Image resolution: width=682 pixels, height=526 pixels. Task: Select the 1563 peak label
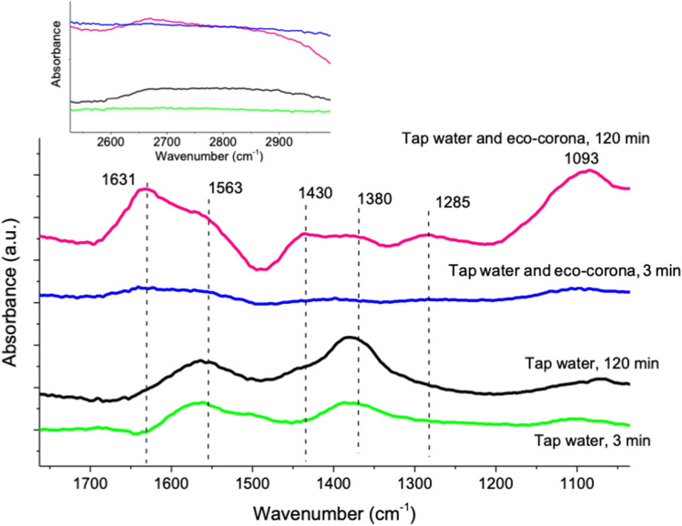tap(227, 189)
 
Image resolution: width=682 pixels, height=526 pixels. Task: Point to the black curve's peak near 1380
tap(351, 338)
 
